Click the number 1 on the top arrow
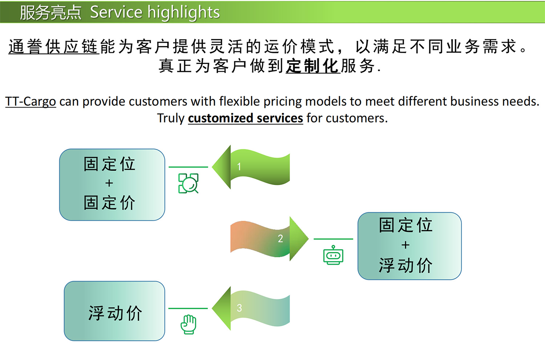pyautogui.click(x=239, y=167)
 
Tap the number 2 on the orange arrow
pyautogui.click(x=280, y=239)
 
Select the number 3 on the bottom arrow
pyautogui.click(x=239, y=308)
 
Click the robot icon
pyautogui.click(x=333, y=255)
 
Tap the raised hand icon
pyautogui.click(x=189, y=324)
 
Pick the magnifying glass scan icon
pyautogui.click(x=188, y=183)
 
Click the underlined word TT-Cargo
pyautogui.click(x=31, y=101)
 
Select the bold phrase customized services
pyautogui.click(x=245, y=118)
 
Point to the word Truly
pyautogui.click(x=171, y=118)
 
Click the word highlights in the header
pyautogui.click(x=183, y=12)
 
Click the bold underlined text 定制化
pyautogui.click(x=312, y=66)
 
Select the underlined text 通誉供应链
pyautogui.click(x=54, y=47)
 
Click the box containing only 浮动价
pyautogui.click(x=114, y=311)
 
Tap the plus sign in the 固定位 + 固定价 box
pyautogui.click(x=109, y=183)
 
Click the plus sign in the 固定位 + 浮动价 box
pyautogui.click(x=405, y=245)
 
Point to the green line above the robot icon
pyautogui.click(x=333, y=239)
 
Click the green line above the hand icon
pyautogui.click(x=188, y=308)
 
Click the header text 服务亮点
pyautogui.click(x=51, y=12)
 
